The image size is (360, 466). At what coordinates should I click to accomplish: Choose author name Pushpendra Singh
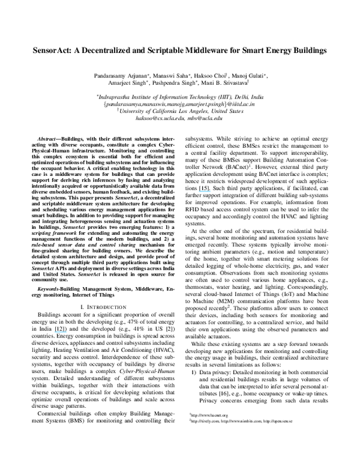click(x=176, y=85)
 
